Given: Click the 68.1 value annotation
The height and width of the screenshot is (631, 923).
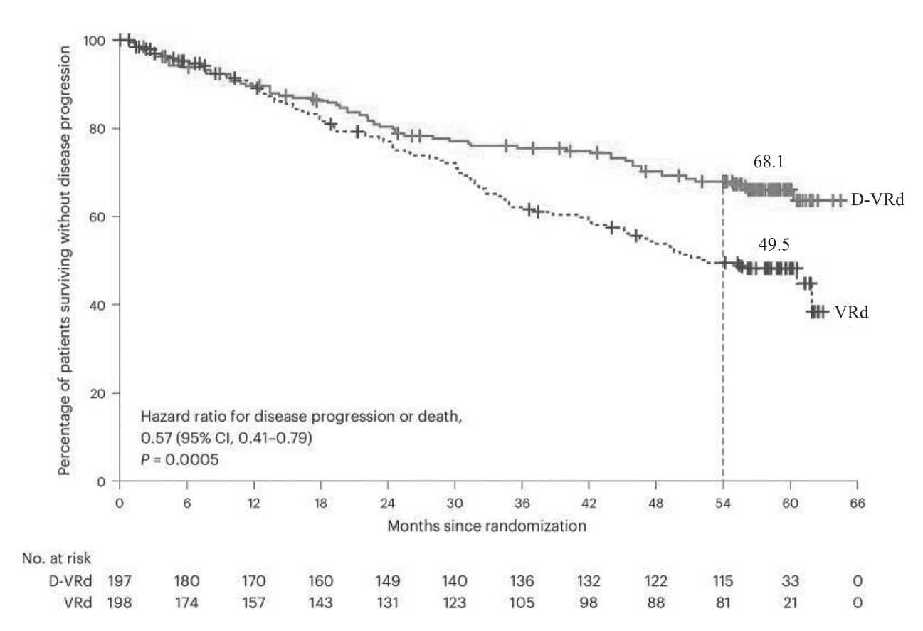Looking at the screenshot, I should point(769,163).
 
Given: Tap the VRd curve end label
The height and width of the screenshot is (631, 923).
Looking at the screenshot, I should point(852,312).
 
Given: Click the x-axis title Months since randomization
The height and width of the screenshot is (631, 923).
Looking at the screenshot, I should point(487,526).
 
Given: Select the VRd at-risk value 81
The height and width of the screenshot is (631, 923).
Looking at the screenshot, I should point(723,603).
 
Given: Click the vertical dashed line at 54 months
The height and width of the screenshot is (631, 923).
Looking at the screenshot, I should point(723,370).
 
